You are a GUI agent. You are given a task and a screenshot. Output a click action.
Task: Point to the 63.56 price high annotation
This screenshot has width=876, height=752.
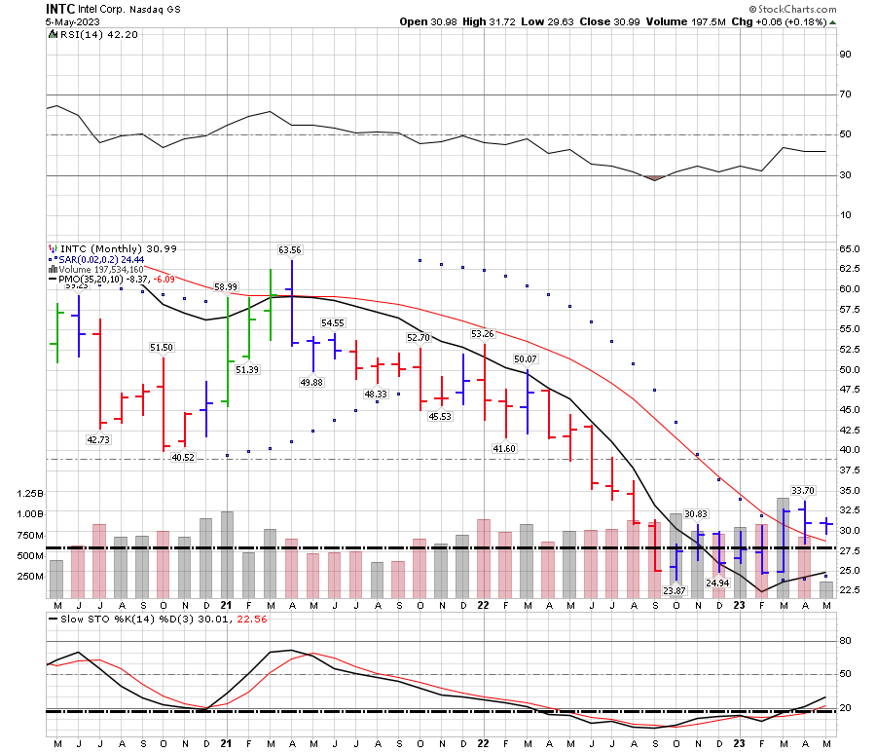tap(290, 250)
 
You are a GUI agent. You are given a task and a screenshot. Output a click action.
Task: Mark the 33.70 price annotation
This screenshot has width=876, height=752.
tap(803, 491)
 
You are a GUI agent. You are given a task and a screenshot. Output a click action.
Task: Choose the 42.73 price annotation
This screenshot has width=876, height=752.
tap(99, 440)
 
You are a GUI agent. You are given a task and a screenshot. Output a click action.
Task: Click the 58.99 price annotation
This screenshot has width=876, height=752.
tap(226, 287)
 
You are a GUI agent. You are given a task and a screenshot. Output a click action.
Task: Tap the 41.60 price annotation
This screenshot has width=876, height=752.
tap(504, 447)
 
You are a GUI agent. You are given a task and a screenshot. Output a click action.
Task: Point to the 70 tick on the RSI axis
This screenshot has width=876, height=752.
tap(846, 94)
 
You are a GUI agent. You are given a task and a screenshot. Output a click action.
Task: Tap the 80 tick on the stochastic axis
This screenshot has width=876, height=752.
tap(846, 641)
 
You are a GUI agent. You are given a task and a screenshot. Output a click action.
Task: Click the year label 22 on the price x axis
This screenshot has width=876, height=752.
tap(483, 605)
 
